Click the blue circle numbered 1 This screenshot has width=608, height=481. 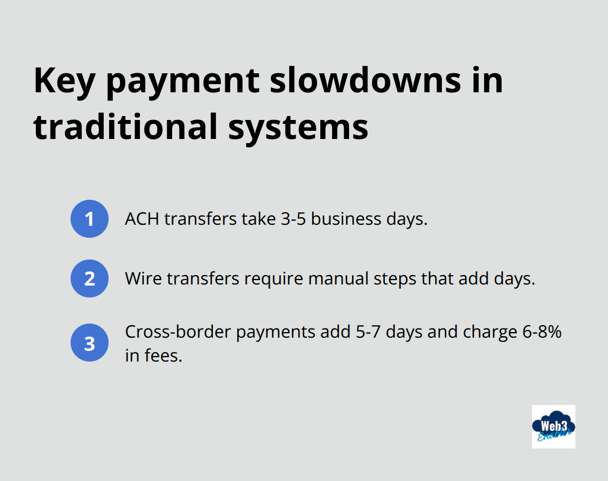coord(90,219)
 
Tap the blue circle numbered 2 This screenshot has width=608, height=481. coord(90,279)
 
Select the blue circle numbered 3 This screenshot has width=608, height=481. coord(90,343)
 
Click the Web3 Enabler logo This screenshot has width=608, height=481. coord(553,426)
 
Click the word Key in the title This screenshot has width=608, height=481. coord(62,81)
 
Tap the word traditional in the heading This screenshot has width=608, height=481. coord(120,126)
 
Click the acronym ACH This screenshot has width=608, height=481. coord(142,219)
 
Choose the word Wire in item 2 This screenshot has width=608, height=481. coord(143,279)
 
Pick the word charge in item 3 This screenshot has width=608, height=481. coord(487,332)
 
